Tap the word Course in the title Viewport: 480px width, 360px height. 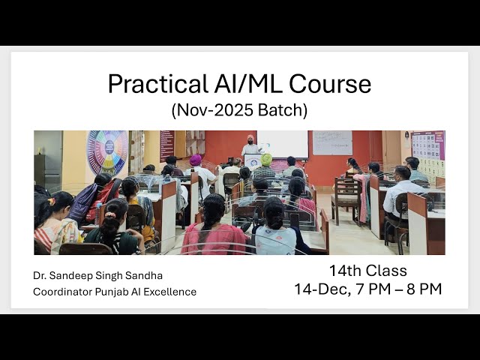click(x=331, y=83)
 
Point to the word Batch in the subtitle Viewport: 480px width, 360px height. click(x=283, y=110)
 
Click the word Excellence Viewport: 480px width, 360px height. click(x=171, y=291)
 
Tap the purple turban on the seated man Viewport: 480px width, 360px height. click(x=196, y=160)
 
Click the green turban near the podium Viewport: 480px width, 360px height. click(x=266, y=159)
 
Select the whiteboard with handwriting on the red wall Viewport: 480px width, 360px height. click(x=332, y=142)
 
